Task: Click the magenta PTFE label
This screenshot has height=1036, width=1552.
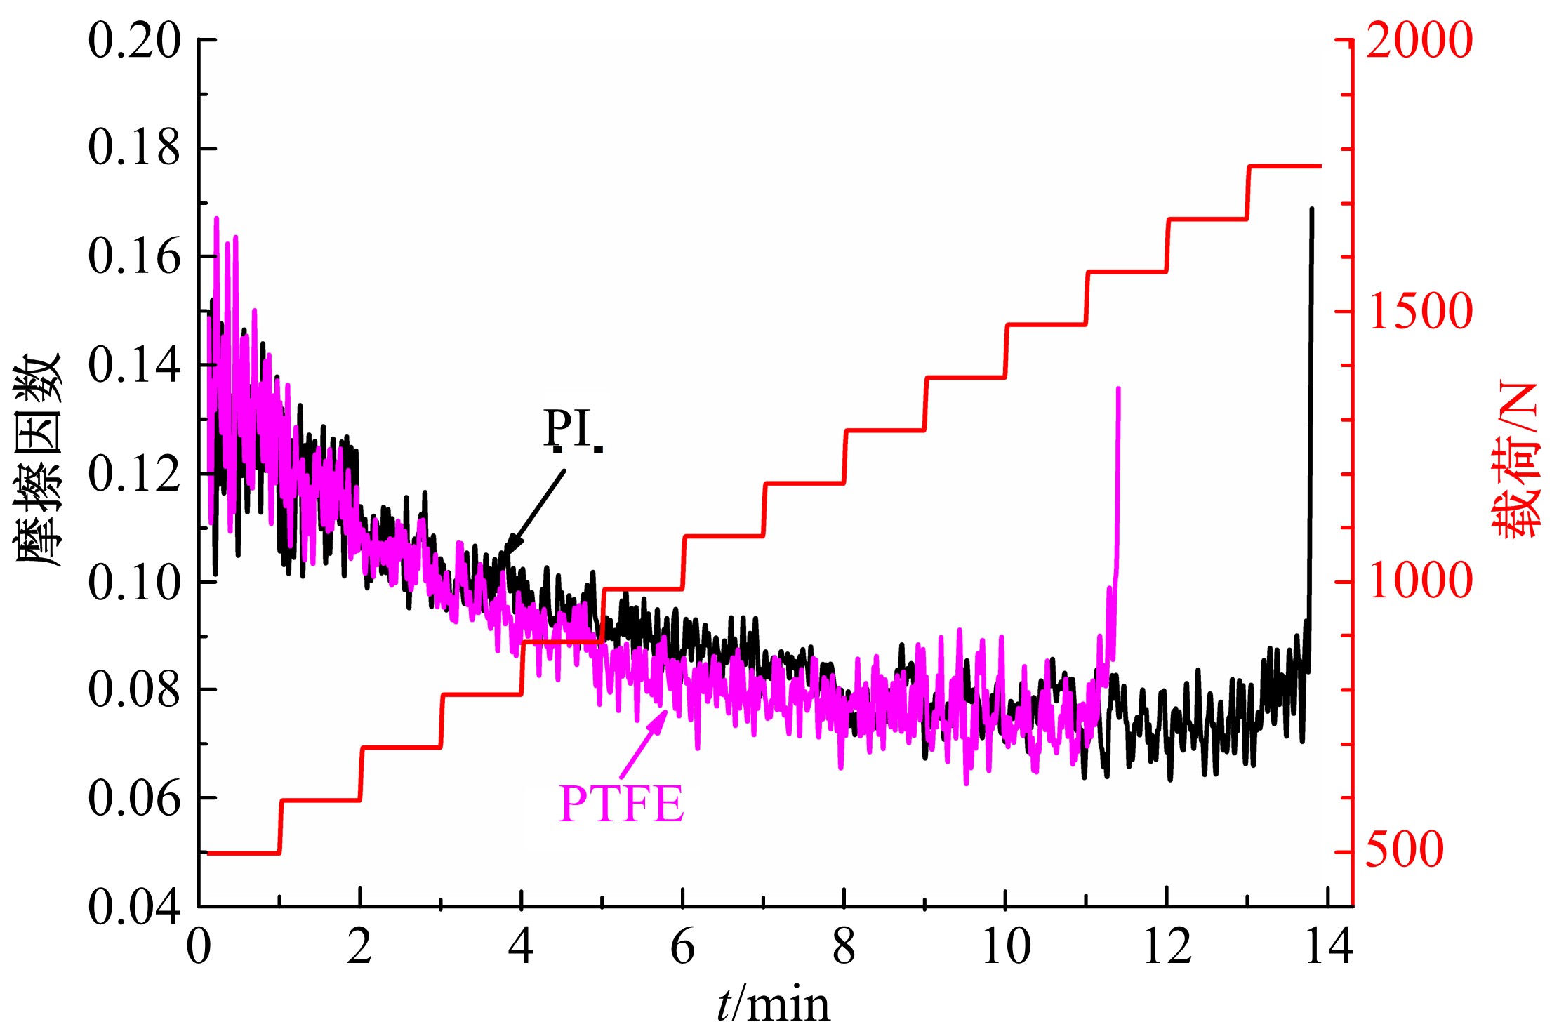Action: pos(621,804)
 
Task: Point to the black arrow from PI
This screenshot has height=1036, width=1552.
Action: pos(536,512)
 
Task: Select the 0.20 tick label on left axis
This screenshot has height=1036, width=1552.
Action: pos(134,41)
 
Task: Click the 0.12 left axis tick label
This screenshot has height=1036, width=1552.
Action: pos(134,474)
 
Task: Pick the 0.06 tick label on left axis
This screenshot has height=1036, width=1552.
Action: pos(134,799)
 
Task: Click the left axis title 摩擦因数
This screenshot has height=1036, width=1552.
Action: pos(39,460)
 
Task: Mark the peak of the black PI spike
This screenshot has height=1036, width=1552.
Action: pos(1311,209)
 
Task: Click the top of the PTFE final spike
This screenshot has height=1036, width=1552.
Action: pos(1117,388)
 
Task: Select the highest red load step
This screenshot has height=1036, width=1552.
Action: pos(1284,166)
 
